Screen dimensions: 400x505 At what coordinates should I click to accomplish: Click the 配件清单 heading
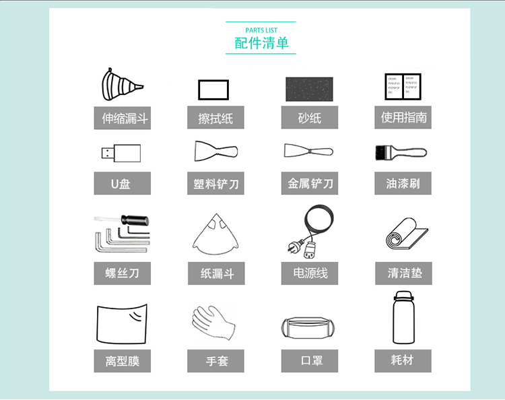coord(261,43)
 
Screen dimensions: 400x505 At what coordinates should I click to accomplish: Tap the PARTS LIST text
coord(261,30)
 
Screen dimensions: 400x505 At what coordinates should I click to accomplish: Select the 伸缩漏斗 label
coord(122,119)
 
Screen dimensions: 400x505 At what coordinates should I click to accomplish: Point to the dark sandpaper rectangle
coord(309,88)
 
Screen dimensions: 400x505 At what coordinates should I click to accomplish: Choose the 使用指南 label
coord(403,117)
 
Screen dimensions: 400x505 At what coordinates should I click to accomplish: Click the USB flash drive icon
coord(122,153)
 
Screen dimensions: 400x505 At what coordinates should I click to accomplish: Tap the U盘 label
coord(122,183)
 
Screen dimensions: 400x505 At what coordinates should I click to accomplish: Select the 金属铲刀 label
coord(310,183)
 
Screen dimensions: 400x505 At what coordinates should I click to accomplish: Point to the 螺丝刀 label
coord(122,273)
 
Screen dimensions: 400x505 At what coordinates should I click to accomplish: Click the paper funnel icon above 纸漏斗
coord(215,234)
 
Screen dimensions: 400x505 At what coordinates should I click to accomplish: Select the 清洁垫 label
coord(403,273)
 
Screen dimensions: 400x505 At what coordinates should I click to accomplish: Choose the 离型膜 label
coord(122,362)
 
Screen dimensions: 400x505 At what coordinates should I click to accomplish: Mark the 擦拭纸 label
coord(215,119)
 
